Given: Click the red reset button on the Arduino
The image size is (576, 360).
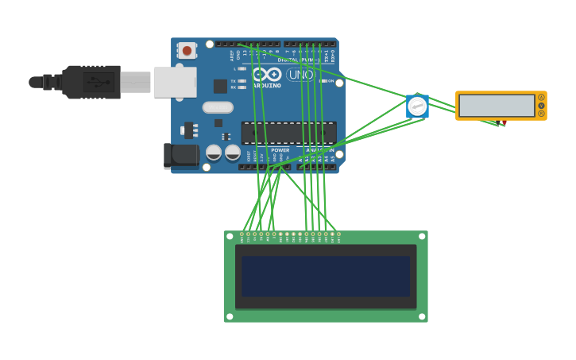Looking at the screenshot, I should (x=187, y=50).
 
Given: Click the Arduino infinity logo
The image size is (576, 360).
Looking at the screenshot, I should (x=267, y=74).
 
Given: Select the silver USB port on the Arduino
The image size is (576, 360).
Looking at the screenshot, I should (x=175, y=82).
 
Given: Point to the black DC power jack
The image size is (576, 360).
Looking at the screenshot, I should (x=181, y=155).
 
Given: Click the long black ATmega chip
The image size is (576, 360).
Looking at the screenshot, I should (x=288, y=133).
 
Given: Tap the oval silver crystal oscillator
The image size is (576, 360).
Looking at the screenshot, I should (x=218, y=107).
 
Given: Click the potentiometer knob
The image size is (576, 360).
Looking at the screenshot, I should (x=417, y=106).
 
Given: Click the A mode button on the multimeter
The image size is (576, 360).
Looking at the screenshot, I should (x=542, y=98).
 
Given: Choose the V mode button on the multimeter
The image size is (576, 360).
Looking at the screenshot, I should (x=542, y=106).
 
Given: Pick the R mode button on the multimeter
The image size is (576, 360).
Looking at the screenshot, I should (x=542, y=114).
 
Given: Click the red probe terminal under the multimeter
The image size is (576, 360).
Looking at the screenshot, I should (x=504, y=123).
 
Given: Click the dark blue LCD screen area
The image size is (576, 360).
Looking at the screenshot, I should (x=326, y=277).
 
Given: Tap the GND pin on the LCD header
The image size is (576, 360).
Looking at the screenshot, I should (x=242, y=234).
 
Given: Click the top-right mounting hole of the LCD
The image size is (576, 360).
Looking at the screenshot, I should (x=422, y=237).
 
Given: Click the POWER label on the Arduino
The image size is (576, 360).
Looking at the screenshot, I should (x=280, y=150).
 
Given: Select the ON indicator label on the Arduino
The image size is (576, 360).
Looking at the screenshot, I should (x=331, y=81).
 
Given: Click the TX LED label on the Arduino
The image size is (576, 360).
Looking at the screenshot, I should (x=234, y=81).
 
